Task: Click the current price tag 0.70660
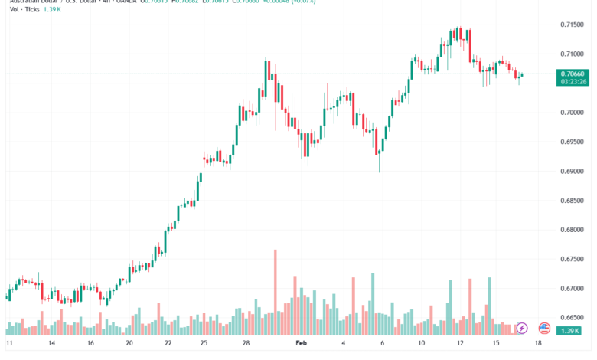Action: (x=573, y=74)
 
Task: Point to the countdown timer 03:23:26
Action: (x=573, y=81)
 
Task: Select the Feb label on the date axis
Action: (x=302, y=345)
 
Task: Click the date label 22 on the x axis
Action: (x=169, y=345)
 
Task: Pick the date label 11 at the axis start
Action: (x=8, y=345)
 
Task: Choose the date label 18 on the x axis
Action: (x=538, y=345)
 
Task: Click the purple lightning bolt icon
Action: (x=522, y=328)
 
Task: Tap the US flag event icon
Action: (x=544, y=328)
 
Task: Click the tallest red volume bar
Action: (x=275, y=292)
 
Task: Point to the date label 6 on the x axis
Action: (x=381, y=345)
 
